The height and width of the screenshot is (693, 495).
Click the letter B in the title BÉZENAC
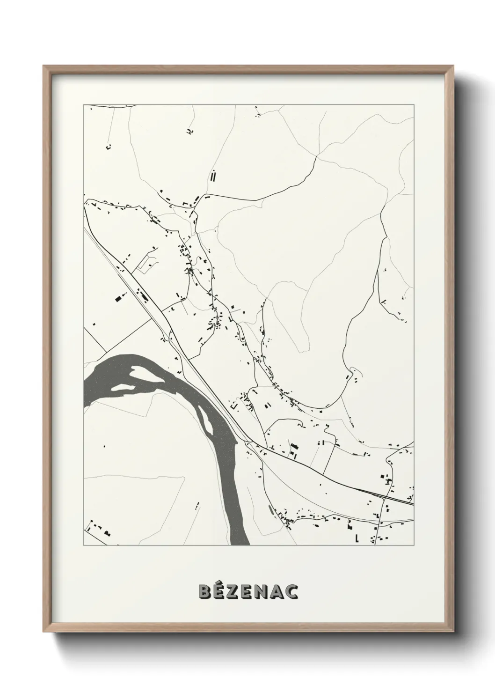205,591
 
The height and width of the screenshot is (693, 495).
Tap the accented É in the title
220,591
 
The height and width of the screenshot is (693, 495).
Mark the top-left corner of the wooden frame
44,66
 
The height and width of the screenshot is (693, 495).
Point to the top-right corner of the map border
414,105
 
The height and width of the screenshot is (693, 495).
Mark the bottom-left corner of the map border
84,546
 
